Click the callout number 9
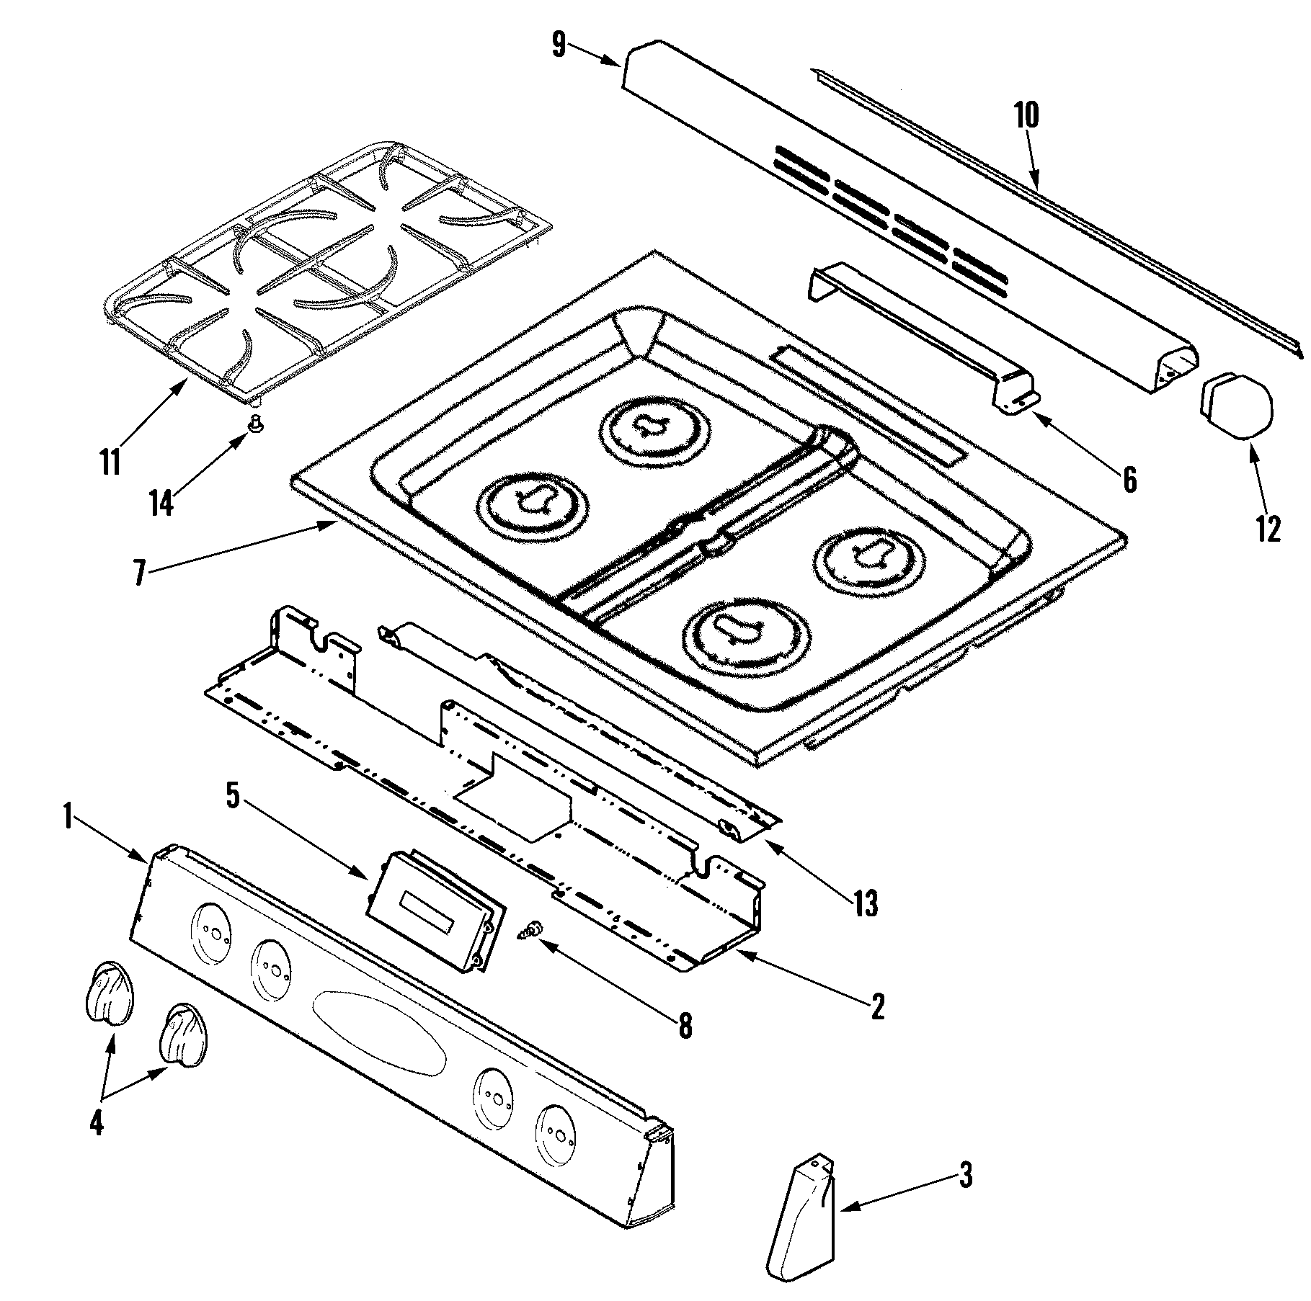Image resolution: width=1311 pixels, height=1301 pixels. coord(559,45)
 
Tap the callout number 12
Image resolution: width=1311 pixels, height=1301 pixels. coord(1268,530)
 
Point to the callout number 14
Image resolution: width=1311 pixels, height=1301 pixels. coord(162,503)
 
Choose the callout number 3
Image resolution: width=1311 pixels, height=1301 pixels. coord(965,1176)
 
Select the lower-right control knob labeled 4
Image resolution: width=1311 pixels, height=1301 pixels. coord(184,1035)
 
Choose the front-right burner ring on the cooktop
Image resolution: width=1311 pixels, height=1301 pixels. coord(745,630)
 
